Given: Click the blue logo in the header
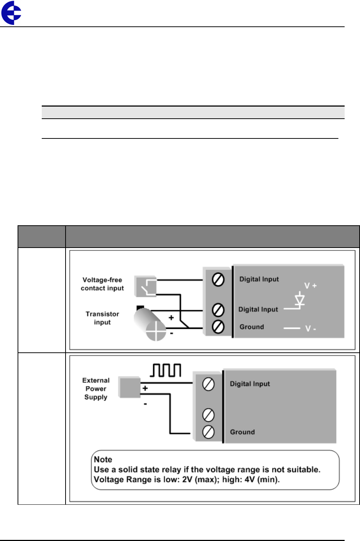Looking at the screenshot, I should tap(11, 13).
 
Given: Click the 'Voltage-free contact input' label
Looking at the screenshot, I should tap(102, 284).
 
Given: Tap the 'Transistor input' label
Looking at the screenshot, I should tap(102, 318).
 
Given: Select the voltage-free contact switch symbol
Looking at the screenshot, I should tap(146, 286).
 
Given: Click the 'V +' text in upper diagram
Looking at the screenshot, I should tap(310, 286).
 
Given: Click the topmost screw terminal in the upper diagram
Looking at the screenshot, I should tap(218, 280).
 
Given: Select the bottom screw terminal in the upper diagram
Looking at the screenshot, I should tap(218, 326).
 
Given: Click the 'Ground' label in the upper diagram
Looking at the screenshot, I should tap(252, 327).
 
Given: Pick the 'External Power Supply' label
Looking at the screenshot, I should tap(96, 389).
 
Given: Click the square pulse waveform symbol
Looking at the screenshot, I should tap(166, 370).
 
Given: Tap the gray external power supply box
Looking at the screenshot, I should tap(129, 387).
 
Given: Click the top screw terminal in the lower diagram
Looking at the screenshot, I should tap(208, 384).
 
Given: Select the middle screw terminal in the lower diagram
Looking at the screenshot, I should tap(208, 415).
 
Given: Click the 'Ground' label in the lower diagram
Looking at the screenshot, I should tap(242, 432).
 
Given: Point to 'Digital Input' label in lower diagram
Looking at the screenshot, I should tap(250, 384).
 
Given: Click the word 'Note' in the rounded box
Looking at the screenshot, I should tap(103, 459).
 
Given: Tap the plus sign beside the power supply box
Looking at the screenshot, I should tap(145, 388).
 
